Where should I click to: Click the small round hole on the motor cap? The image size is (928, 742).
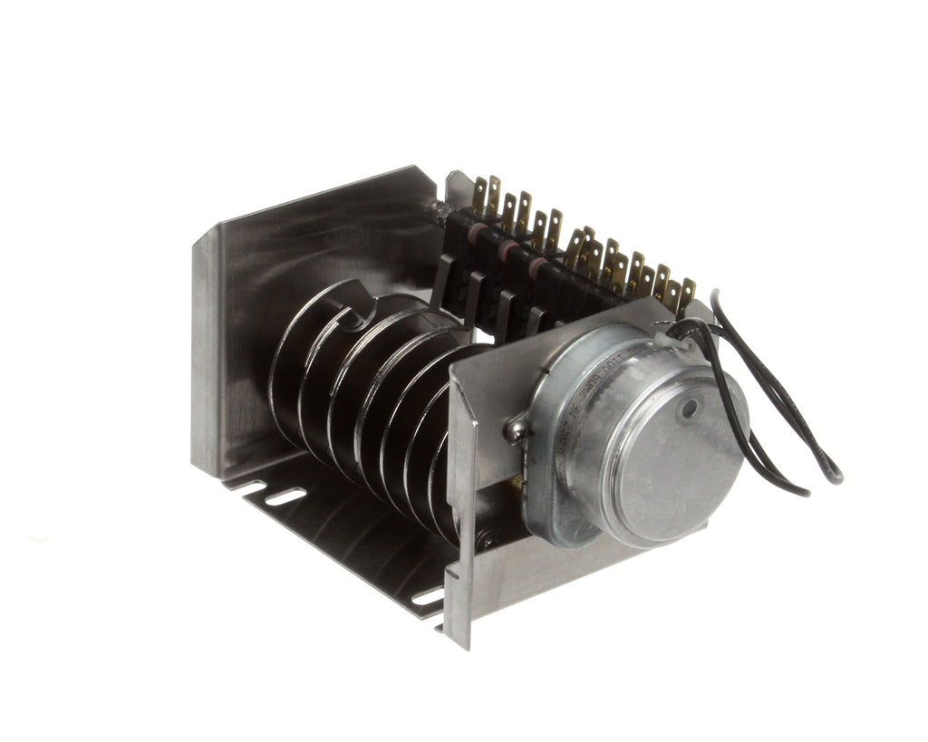(x=691, y=410)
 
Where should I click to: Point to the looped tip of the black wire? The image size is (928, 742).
(x=832, y=474)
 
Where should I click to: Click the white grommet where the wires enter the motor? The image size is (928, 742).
(x=679, y=339)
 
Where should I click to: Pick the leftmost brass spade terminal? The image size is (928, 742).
(x=478, y=193)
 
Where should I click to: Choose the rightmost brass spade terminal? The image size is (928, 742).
(x=688, y=290)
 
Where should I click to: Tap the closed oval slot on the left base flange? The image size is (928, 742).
(x=285, y=496)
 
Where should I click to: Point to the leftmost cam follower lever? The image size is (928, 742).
(x=444, y=277)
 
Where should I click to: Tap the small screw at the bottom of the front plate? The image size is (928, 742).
(x=489, y=541)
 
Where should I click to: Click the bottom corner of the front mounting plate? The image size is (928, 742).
(x=468, y=645)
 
